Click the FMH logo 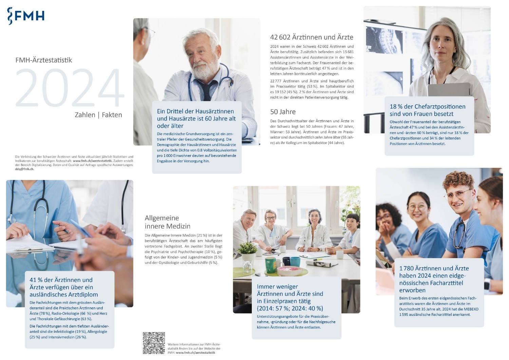(26, 16)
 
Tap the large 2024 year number (70, 88)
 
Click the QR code (154, 343)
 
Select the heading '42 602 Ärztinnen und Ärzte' (312, 37)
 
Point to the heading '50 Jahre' (283, 112)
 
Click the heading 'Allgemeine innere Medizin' (168, 222)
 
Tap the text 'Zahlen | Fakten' (98, 115)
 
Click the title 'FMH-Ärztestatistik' (44, 60)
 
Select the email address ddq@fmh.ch (24, 169)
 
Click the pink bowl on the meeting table (290, 271)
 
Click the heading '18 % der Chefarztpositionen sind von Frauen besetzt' (428, 110)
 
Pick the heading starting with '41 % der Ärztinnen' (64, 287)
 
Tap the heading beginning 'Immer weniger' (290, 297)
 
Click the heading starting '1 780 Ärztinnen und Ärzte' (434, 279)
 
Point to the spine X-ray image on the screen (384, 40)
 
